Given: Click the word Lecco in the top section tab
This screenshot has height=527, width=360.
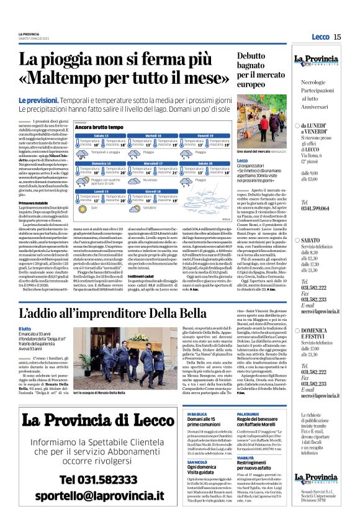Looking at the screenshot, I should tap(320, 37).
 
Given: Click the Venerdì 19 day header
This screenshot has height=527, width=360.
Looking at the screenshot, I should tap(205, 135).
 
